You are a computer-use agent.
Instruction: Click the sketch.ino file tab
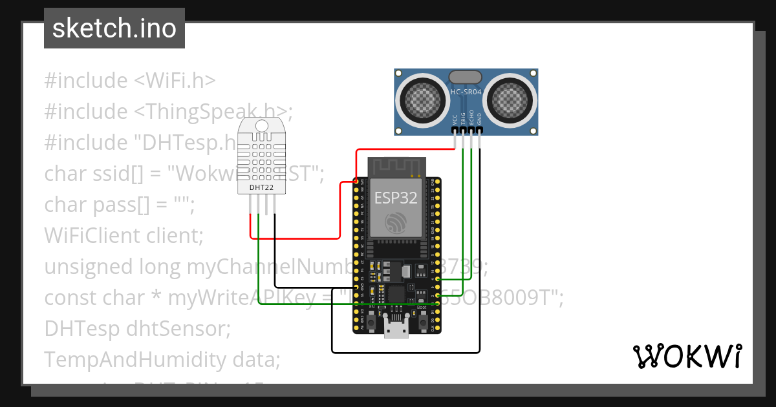pyautogui.click(x=114, y=28)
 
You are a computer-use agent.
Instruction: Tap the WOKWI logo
pyautogui.click(x=686, y=356)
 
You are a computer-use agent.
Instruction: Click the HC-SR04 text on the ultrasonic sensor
pyautogui.click(x=466, y=92)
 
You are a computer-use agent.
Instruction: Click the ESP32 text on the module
pyautogui.click(x=395, y=198)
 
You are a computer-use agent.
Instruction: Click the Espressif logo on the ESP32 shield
pyautogui.click(x=395, y=224)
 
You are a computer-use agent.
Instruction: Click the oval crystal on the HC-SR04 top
pyautogui.click(x=466, y=76)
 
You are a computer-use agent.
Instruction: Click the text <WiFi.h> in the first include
pyautogui.click(x=175, y=81)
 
